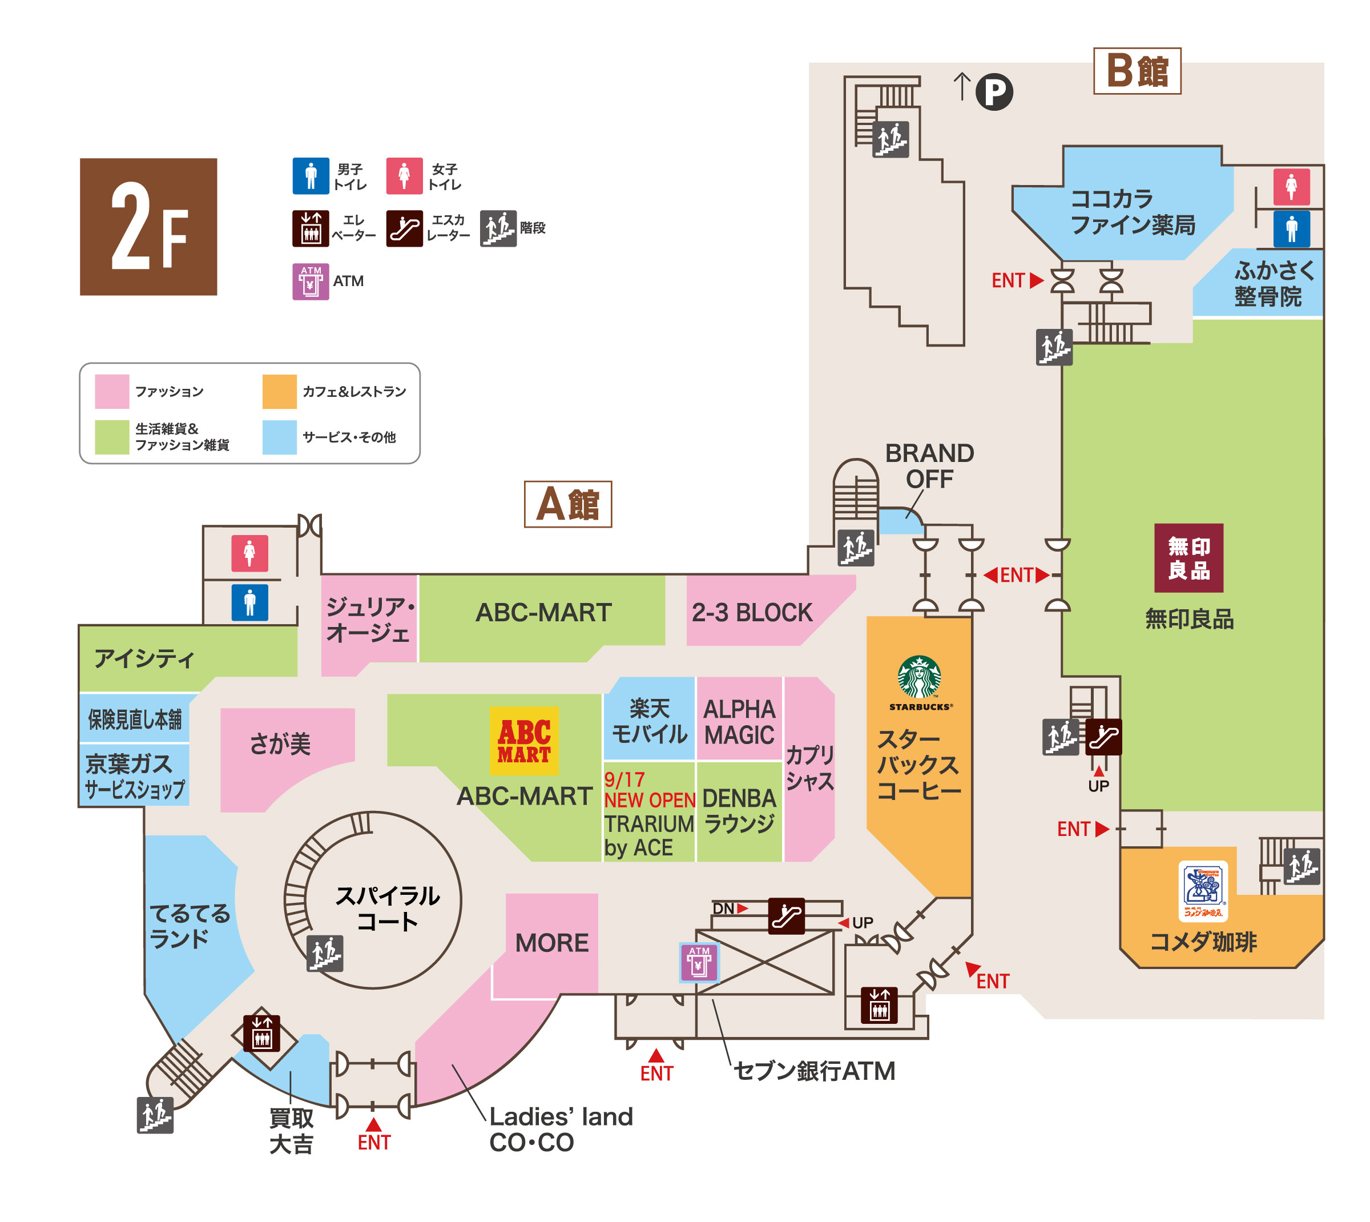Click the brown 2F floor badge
click(148, 226)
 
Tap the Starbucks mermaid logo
click(919, 677)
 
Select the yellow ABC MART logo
click(523, 741)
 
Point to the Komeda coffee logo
click(1202, 891)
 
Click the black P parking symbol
click(993, 91)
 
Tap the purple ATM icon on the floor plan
click(699, 962)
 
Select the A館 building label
click(567, 504)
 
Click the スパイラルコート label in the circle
click(387, 908)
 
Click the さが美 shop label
click(280, 744)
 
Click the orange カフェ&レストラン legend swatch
click(279, 392)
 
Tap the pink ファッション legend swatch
click(111, 392)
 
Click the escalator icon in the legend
click(404, 228)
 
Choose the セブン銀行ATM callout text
click(813, 1071)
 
